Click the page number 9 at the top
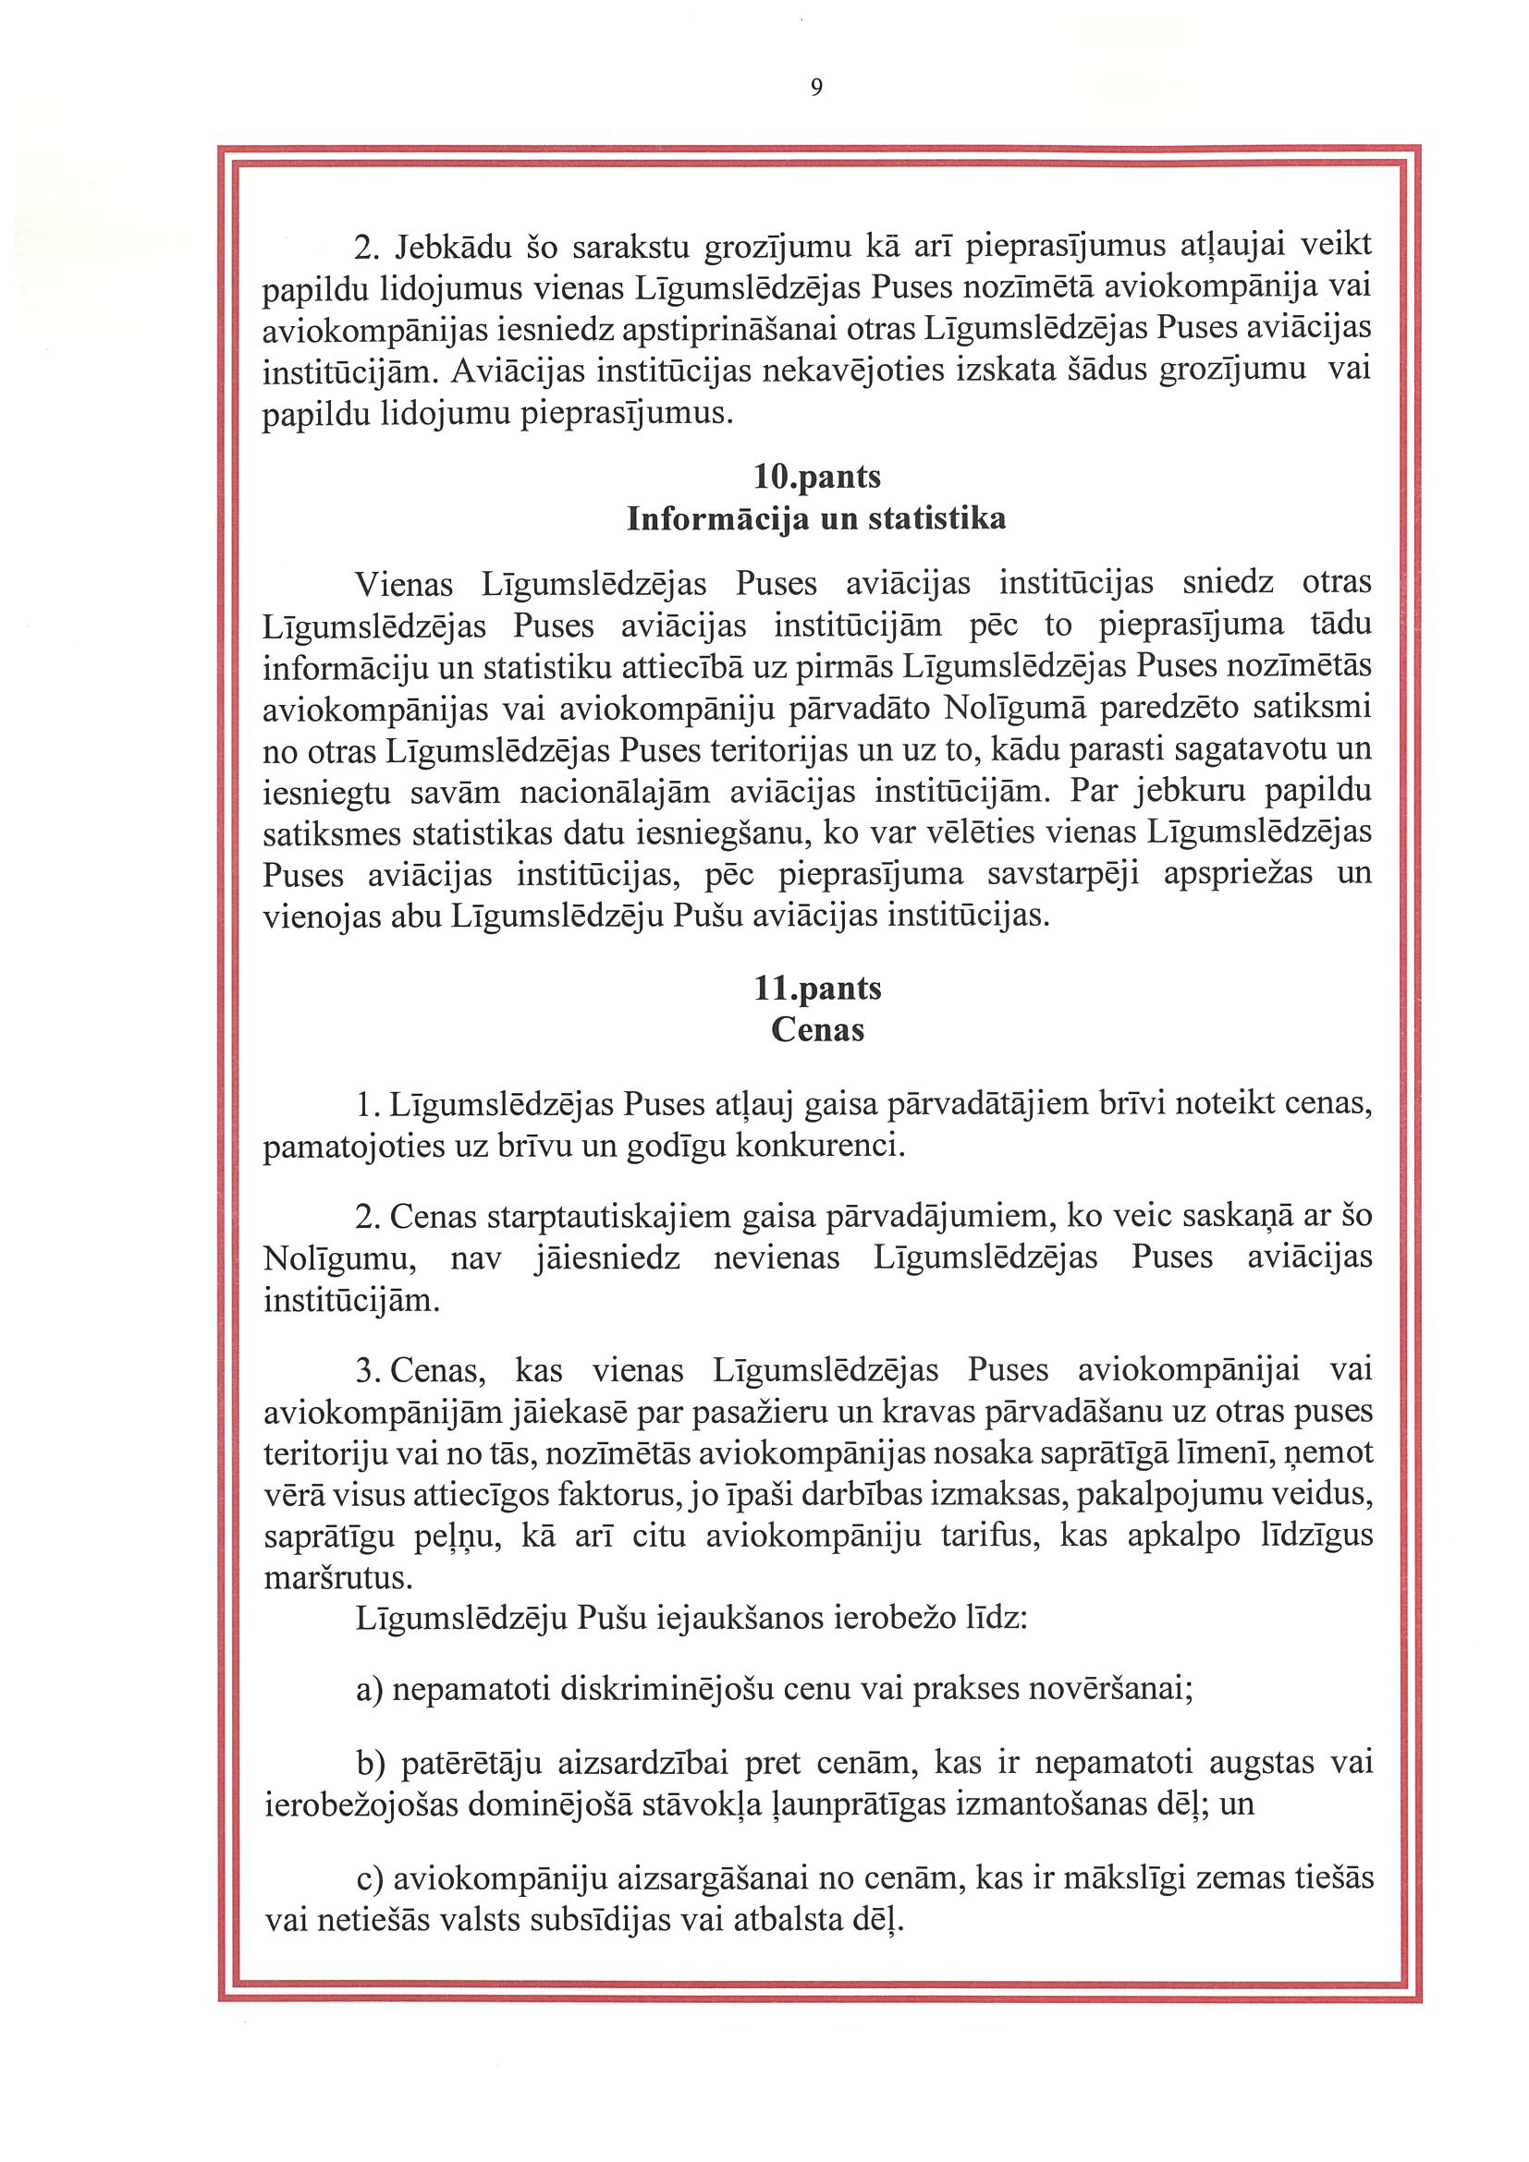click(x=816, y=88)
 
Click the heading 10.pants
click(x=817, y=477)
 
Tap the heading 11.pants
click(x=817, y=988)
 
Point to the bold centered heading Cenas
click(x=817, y=1029)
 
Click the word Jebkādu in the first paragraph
click(x=453, y=247)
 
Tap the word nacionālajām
click(x=614, y=791)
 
